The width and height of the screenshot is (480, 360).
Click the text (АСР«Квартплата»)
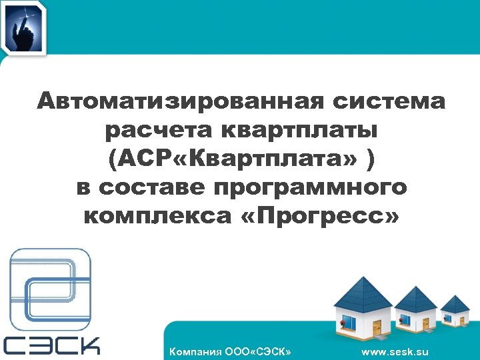tap(231, 159)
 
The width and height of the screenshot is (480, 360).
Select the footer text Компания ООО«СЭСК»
tap(231, 351)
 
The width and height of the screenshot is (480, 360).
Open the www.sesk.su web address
tap(395, 351)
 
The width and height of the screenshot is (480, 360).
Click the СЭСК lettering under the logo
tap(52, 345)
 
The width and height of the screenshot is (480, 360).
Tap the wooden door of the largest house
tap(377, 327)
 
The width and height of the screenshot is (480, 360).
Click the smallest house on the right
tap(455, 314)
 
